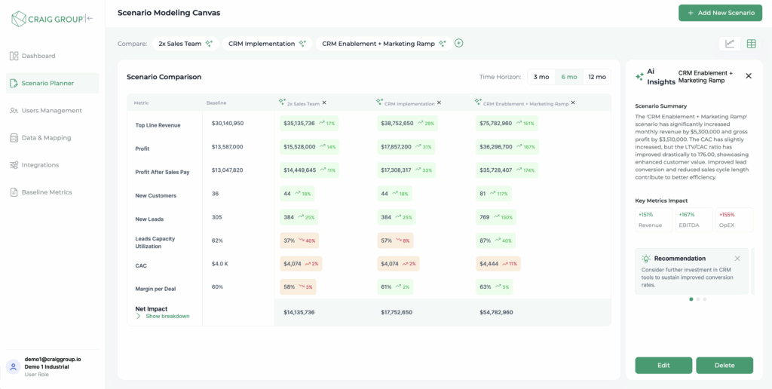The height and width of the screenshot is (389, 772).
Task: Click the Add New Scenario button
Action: [720, 13]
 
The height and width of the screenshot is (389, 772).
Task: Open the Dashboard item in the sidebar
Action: [38, 56]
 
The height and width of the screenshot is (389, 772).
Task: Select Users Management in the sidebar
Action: [51, 111]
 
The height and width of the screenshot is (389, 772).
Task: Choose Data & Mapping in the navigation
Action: [46, 138]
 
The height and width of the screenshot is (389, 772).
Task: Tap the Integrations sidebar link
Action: [40, 165]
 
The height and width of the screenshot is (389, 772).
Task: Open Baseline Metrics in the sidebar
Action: [46, 192]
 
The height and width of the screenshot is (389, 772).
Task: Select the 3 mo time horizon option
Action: [541, 77]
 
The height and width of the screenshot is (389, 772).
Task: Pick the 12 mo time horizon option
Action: [596, 77]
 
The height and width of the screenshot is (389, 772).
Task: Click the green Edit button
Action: [663, 365]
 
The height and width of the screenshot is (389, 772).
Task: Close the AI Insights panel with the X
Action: [749, 76]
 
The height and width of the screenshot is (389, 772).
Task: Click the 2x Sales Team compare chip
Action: [185, 44]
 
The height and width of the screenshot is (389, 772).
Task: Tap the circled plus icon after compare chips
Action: [459, 43]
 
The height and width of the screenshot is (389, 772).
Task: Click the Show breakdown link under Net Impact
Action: [167, 316]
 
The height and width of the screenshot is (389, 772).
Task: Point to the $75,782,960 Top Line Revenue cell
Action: [495, 123]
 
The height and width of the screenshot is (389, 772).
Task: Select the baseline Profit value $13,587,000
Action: [227, 147]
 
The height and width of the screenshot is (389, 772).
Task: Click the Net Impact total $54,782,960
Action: [496, 312]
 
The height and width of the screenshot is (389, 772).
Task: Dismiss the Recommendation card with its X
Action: [737, 259]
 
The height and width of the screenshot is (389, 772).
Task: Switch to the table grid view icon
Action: [751, 44]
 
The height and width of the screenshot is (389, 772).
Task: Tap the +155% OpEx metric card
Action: [734, 219]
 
